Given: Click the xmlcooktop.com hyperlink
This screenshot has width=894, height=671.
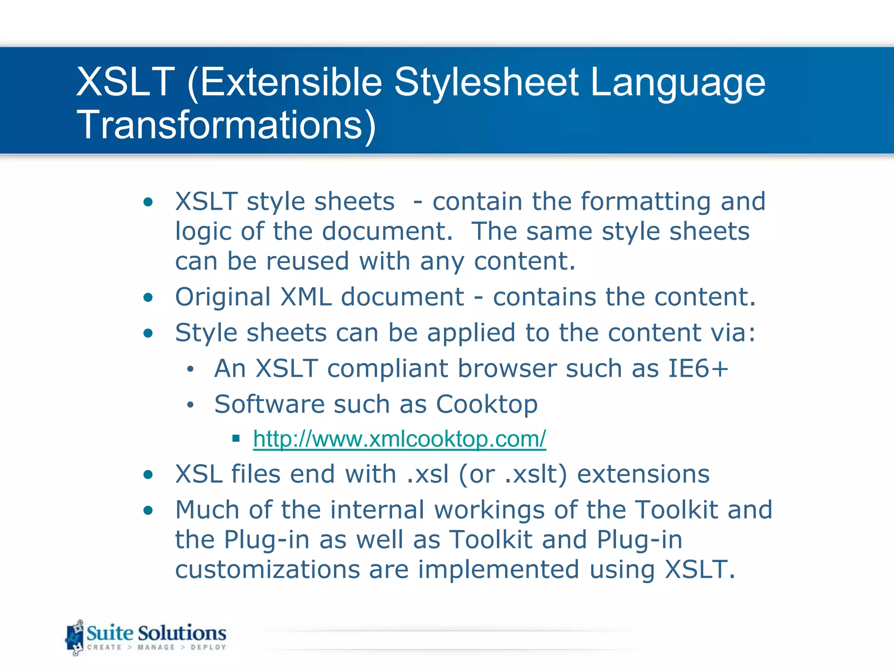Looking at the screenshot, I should (399, 439).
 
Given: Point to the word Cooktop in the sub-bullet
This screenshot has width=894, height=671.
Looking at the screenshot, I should (487, 404).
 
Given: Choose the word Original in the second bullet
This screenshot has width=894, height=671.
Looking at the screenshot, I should (223, 297).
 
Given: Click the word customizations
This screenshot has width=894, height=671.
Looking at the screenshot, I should (268, 570).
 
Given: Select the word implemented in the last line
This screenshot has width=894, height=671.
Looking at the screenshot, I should (499, 570).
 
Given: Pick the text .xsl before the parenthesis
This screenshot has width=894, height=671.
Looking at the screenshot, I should (427, 474).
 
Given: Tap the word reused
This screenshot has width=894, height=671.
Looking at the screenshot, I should (307, 261).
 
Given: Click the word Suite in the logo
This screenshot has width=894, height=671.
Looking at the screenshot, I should (110, 633).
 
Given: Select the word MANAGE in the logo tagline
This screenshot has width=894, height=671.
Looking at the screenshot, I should (156, 647).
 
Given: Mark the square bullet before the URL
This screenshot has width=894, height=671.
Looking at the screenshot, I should (236, 438).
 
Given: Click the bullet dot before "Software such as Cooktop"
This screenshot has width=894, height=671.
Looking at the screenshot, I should (190, 405).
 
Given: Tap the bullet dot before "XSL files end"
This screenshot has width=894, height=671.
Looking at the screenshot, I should (148, 475).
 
